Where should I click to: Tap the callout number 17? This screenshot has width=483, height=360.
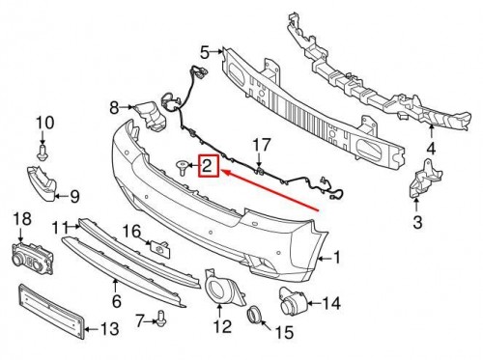pos(259,145)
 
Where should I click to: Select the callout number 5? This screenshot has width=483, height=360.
pos(204,51)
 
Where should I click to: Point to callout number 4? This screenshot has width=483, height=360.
pos(432,148)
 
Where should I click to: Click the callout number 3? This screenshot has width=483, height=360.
pos(417,223)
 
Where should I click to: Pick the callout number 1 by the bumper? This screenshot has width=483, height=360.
pos(337,258)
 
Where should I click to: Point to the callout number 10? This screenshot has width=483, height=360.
pos(42,122)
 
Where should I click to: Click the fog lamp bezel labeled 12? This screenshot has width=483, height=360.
pos(220,287)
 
